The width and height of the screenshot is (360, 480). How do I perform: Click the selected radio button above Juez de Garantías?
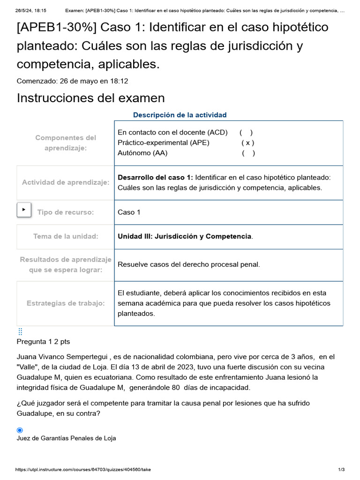20,430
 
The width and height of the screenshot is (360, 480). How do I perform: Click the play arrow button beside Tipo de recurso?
24,210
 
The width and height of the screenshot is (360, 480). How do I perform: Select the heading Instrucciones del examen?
91,98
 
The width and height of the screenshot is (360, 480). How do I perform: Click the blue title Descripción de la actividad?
180,115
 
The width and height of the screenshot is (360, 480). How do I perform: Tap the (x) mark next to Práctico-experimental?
248,142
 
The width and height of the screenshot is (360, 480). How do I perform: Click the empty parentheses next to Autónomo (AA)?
248,153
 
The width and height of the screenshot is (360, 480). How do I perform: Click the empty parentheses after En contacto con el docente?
246,132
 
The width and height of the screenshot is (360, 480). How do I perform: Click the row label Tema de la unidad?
66,236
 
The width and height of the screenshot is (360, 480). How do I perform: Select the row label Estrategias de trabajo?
66,303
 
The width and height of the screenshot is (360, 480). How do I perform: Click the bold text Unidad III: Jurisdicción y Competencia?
185,236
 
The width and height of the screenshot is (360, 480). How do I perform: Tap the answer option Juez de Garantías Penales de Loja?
66,438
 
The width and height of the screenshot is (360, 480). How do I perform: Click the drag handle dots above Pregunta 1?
20,331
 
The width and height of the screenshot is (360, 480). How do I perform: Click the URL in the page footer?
83,470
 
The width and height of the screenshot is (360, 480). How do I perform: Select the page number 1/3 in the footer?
341,470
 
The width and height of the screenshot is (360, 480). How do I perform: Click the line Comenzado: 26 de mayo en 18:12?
72,81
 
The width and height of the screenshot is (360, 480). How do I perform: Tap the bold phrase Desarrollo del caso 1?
155,177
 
